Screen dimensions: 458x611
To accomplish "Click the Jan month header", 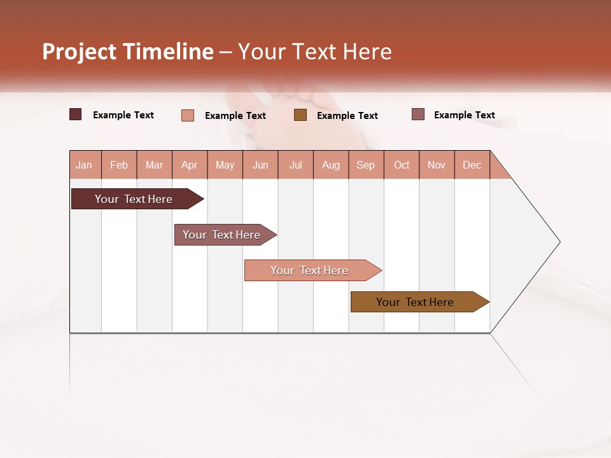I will pos(85,165).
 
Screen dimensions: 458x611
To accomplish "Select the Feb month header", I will pos(119,165).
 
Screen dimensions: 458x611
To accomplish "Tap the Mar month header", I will pos(154,165).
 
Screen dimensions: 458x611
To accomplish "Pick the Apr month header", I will pos(190,165).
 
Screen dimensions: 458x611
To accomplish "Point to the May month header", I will pos(225,165).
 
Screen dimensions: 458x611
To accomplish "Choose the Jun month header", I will pos(260,165).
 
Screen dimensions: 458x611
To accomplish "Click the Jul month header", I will pos(295,165).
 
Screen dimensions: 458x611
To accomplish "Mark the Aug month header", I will pos(331,165).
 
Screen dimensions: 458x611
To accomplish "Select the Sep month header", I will pos(366,165).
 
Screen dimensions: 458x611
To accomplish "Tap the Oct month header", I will pos(402,165).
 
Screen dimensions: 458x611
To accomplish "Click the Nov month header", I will pos(437,165).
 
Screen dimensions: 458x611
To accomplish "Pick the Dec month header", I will pos(472,165).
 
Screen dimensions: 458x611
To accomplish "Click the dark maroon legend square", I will pos(76,114).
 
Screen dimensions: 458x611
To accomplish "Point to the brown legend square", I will pos(300,115).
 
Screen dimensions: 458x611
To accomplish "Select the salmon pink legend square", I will pos(188,115).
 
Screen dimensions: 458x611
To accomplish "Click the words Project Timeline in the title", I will pos(128,52).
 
